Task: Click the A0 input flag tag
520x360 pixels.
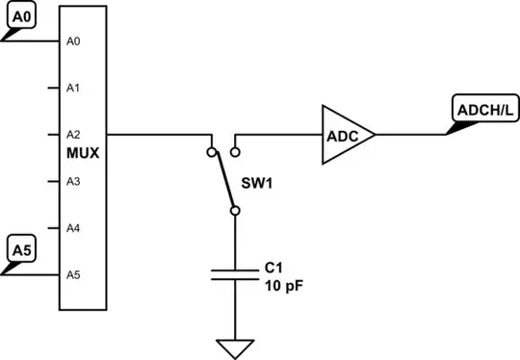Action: pos(20,18)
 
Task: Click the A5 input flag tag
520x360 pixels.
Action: pos(21,251)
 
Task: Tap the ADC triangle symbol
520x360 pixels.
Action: pos(343,136)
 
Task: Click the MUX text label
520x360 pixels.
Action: pos(82,152)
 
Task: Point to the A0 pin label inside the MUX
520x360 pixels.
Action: pos(72,41)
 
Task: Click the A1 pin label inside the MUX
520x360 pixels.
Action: pos(72,89)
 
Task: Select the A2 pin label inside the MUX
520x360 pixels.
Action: pos(72,135)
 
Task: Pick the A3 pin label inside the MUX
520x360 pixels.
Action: pos(72,181)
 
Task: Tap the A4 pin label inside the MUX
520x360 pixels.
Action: pos(72,228)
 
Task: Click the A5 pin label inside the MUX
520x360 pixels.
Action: pos(72,274)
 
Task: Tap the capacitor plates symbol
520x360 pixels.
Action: pos(234,274)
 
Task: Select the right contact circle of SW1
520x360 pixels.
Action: pos(235,151)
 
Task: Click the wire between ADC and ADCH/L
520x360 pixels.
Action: pos(409,135)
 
